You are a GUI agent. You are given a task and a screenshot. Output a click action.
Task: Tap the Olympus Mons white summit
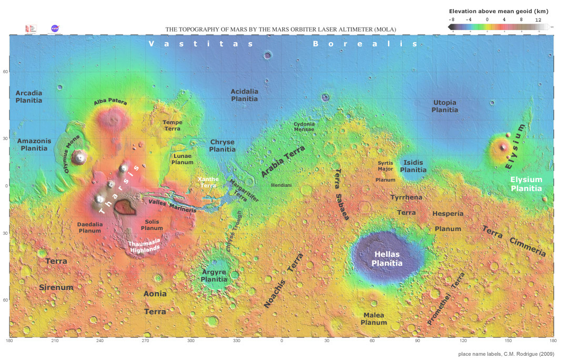point(80,156)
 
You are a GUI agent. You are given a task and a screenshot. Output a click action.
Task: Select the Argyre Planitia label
point(214,276)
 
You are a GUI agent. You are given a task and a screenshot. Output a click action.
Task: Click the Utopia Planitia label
point(444,106)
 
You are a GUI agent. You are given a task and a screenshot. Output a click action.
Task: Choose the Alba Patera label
point(110,103)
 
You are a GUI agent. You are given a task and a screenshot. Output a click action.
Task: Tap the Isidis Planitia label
point(413,166)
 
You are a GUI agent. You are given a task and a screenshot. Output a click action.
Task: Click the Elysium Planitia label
point(526,184)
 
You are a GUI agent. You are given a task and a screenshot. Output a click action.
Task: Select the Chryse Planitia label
point(222,146)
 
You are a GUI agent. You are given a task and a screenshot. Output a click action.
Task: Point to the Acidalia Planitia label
point(245,95)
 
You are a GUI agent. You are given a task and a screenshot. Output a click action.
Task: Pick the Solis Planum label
point(152,225)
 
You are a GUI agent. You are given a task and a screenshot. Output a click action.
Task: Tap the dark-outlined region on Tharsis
point(126,208)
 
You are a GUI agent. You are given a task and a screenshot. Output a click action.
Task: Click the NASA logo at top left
point(55,28)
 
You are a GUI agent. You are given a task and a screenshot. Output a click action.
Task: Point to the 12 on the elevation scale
point(538,19)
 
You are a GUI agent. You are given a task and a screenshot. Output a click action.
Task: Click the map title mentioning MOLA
point(281,29)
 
